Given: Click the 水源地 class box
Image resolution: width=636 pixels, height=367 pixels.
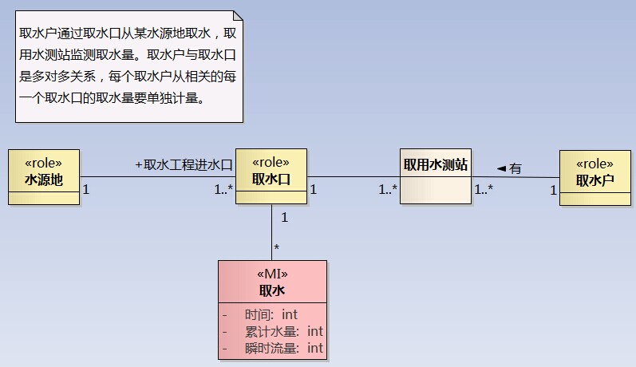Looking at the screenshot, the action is tap(44, 177).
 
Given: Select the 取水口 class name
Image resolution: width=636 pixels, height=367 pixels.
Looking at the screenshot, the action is tap(271, 179).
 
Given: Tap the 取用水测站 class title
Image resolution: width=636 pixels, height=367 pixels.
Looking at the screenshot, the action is tap(436, 164).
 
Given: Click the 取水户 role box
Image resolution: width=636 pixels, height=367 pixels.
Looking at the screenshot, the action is tap(595, 178).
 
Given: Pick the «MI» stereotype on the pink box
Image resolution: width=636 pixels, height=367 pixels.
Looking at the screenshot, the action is tap(272, 274).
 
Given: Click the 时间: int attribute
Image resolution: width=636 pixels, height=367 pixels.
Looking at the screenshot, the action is tap(271, 314).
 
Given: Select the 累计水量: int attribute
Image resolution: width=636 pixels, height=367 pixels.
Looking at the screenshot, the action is tap(283, 331).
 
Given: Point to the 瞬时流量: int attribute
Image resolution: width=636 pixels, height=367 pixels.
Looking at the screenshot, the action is tap(283, 348).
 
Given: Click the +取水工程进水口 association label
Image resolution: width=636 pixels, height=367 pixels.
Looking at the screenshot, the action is tap(184, 164).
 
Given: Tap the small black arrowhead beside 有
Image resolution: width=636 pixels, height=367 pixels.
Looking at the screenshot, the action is tap(502, 168).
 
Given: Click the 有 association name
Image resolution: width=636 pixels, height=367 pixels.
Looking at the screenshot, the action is tap(516, 168).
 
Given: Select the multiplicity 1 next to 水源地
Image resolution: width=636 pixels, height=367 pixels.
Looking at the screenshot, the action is tap(86, 189).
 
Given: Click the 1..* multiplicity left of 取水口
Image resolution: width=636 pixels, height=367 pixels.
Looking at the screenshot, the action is tap(223, 189).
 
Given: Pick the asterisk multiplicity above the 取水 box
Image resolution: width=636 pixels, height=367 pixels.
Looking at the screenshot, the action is tap(277, 247).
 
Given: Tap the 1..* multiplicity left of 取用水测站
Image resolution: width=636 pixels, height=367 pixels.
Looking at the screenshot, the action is tap(388, 189).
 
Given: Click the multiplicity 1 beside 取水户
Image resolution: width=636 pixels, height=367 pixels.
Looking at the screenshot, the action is tap(553, 190).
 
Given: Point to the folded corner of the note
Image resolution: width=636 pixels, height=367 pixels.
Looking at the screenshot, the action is tap(238, 15).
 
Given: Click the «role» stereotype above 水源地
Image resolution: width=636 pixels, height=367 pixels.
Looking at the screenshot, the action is tap(43, 163).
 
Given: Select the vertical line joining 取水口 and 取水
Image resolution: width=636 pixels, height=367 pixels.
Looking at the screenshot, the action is tap(272, 232).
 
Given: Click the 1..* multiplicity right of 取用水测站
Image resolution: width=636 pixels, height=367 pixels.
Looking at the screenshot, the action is tap(484, 189).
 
